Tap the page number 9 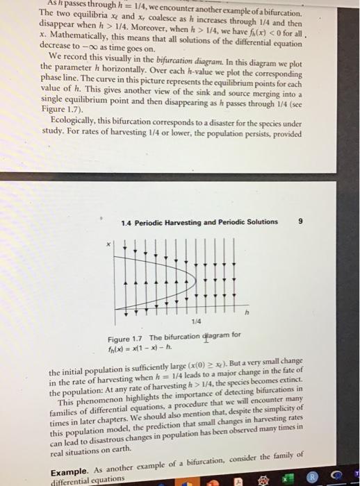click(300, 221)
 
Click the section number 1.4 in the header click(127, 222)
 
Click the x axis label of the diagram click(108, 245)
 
